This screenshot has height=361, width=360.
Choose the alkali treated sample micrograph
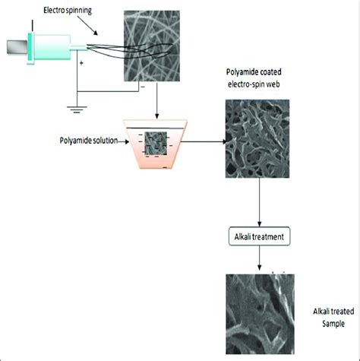[260, 311]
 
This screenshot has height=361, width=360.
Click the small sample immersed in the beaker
[156, 143]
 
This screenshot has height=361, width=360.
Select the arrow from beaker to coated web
[202, 141]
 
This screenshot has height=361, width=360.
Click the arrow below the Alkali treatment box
[260, 260]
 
